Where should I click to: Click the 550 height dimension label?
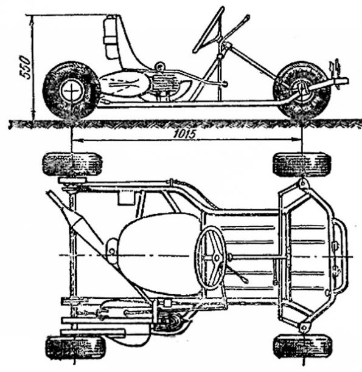pos(25,67)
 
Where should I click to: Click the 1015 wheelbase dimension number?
pos(185,134)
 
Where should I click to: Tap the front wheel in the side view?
pos(302,91)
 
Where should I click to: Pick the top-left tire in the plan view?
pos(72,164)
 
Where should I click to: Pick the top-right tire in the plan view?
pos(302,164)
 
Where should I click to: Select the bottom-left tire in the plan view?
pos(75,348)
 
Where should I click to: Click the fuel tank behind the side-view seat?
pos(110,36)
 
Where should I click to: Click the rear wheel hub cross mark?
pos(72,91)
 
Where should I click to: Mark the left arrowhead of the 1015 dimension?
pos(75,140)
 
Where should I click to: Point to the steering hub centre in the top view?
pos(217,257)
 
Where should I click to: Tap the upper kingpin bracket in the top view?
pos(302,184)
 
